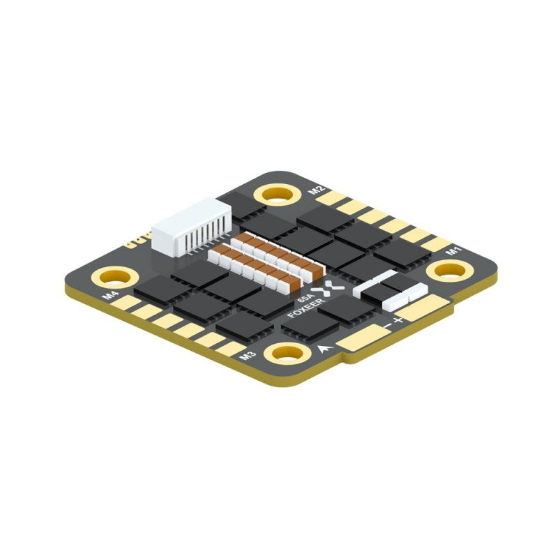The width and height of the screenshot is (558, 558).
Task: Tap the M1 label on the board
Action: (x=454, y=249)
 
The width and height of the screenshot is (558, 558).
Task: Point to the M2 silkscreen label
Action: (x=317, y=190)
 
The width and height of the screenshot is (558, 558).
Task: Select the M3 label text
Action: (x=246, y=356)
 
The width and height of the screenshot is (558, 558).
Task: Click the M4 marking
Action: (x=110, y=295)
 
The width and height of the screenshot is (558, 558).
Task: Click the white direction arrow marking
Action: (x=324, y=349)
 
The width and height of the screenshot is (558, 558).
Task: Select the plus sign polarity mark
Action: (x=398, y=320)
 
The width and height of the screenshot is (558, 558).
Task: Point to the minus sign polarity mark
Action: (x=386, y=328)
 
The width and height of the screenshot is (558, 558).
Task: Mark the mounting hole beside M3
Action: (x=287, y=352)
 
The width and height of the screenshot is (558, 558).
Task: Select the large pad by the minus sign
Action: (x=363, y=340)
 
